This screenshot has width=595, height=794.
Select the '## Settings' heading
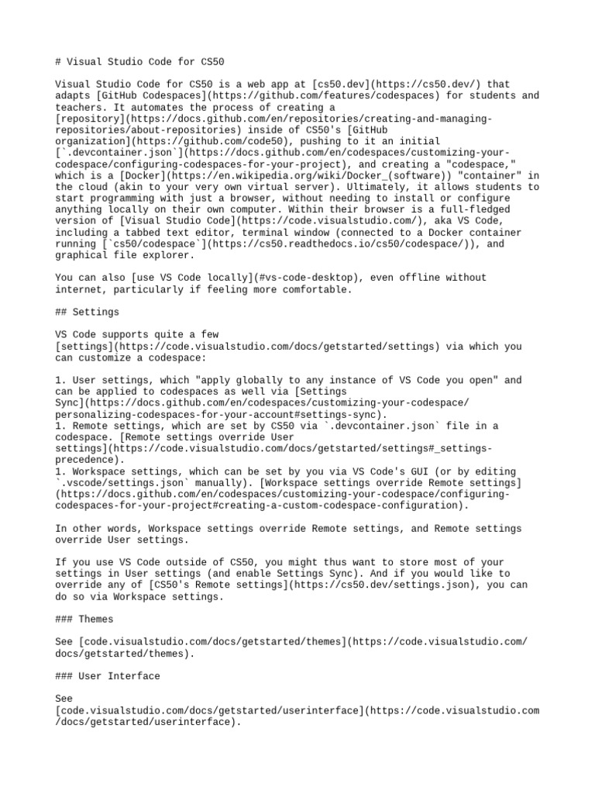[x=88, y=312]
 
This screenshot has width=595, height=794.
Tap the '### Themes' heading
[x=84, y=619]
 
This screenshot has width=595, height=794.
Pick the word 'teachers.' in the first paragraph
[x=81, y=107]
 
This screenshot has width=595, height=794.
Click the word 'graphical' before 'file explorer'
[x=81, y=255]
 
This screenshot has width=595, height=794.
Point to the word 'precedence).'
[x=90, y=460]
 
